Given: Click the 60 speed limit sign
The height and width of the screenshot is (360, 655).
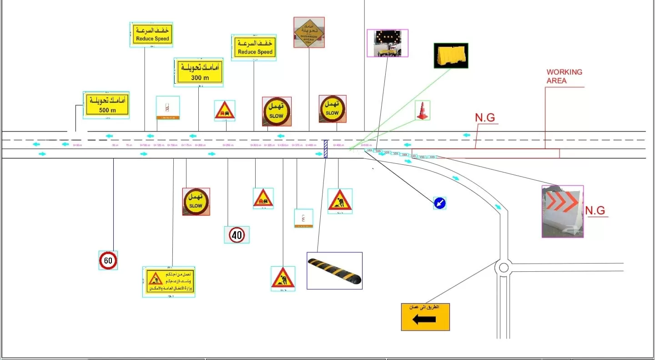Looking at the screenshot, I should coord(108,260).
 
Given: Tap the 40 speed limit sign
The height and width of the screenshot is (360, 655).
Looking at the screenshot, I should coord(237,235).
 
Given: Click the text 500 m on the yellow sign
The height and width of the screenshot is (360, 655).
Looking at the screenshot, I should coord(107,110).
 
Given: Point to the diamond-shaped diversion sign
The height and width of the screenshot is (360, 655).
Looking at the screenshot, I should coord(309,32).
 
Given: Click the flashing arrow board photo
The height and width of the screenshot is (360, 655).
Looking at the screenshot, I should coord(388,43).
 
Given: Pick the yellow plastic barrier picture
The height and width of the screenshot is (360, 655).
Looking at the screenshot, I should coord(451,56).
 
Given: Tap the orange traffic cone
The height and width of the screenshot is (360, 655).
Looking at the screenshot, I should coord(423,111).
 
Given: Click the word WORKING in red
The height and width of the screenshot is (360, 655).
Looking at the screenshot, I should coord(564,72).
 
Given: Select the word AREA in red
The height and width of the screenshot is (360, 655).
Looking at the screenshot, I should coord(556,81).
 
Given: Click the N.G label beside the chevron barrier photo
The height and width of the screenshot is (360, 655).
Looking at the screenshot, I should coord(595,211).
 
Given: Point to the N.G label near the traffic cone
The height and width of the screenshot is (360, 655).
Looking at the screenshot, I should coord(485,117).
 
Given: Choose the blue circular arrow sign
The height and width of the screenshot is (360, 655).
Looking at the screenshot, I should coord(439,203).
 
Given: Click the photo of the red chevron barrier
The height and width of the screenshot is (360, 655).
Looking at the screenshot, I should coord(562,211).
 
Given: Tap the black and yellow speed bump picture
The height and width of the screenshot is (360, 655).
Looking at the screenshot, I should coord(334,271).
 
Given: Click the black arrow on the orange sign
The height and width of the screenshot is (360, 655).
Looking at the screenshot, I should coord(424,319).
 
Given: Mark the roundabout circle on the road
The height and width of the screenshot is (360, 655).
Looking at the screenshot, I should coord(504,267).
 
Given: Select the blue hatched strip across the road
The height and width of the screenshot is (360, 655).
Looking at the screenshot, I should coord(325,149).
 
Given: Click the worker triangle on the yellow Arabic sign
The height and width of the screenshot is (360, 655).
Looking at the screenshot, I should coord(155,278).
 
